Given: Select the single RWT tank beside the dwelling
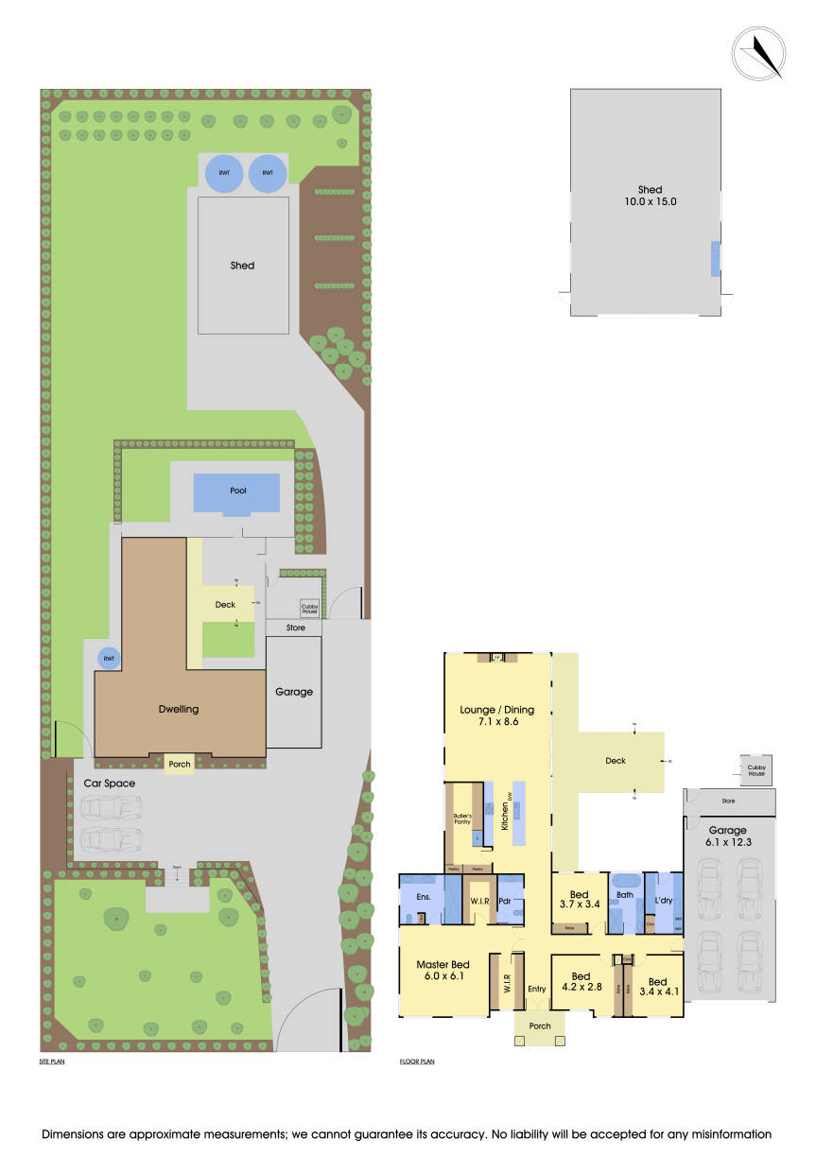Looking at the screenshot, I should (x=109, y=658).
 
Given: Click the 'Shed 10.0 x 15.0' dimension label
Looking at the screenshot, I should (x=650, y=196).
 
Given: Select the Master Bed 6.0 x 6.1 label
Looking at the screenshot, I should (x=443, y=971).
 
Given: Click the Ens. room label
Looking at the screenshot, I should (x=423, y=895).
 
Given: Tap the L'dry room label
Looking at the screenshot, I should (x=663, y=901).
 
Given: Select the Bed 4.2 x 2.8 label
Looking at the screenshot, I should (x=581, y=982).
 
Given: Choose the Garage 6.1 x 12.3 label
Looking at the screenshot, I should (x=729, y=836).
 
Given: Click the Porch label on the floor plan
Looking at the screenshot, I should (x=540, y=1025).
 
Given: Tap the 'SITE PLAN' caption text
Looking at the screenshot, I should (x=52, y=1061).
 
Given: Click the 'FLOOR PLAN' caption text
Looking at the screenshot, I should (x=417, y=1061).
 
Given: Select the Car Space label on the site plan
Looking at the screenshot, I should (x=109, y=783).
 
